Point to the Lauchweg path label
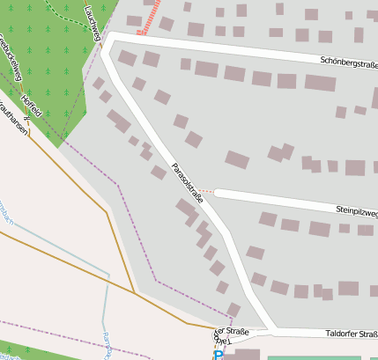tap(93, 19)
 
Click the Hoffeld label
tap(31, 106)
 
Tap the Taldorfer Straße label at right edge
tap(352, 334)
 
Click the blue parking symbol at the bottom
tap(219, 354)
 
